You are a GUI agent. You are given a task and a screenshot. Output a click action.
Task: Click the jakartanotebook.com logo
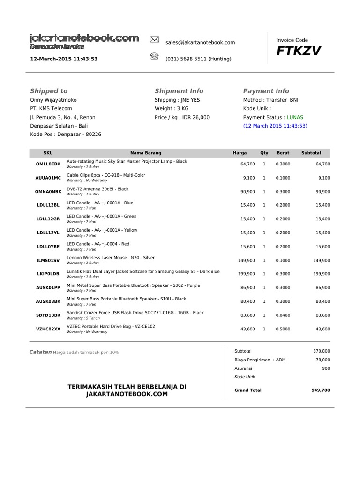(84, 38)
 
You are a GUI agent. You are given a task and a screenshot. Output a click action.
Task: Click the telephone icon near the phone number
(154, 57)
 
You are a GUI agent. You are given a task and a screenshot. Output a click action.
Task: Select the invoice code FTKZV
(299, 51)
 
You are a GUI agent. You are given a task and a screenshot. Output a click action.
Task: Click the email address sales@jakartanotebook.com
(200, 42)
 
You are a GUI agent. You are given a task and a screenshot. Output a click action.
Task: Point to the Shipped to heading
(49, 91)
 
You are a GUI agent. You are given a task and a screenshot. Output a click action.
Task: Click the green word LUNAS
(295, 117)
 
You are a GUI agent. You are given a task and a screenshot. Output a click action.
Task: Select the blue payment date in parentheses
(275, 126)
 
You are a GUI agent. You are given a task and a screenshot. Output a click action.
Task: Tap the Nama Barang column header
(146, 153)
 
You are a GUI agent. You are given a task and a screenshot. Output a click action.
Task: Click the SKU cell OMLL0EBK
(48, 164)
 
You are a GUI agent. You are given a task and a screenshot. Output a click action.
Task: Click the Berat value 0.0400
(283, 315)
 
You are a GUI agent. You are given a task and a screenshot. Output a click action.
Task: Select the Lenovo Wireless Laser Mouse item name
(111, 258)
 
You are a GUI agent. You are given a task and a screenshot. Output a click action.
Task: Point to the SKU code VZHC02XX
(48, 329)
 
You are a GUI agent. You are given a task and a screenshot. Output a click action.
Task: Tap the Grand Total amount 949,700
(321, 390)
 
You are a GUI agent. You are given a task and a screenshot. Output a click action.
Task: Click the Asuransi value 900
(326, 368)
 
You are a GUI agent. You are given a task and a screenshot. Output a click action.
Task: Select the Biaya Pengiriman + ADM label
(260, 360)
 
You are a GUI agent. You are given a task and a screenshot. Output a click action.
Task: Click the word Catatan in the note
(41, 352)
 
